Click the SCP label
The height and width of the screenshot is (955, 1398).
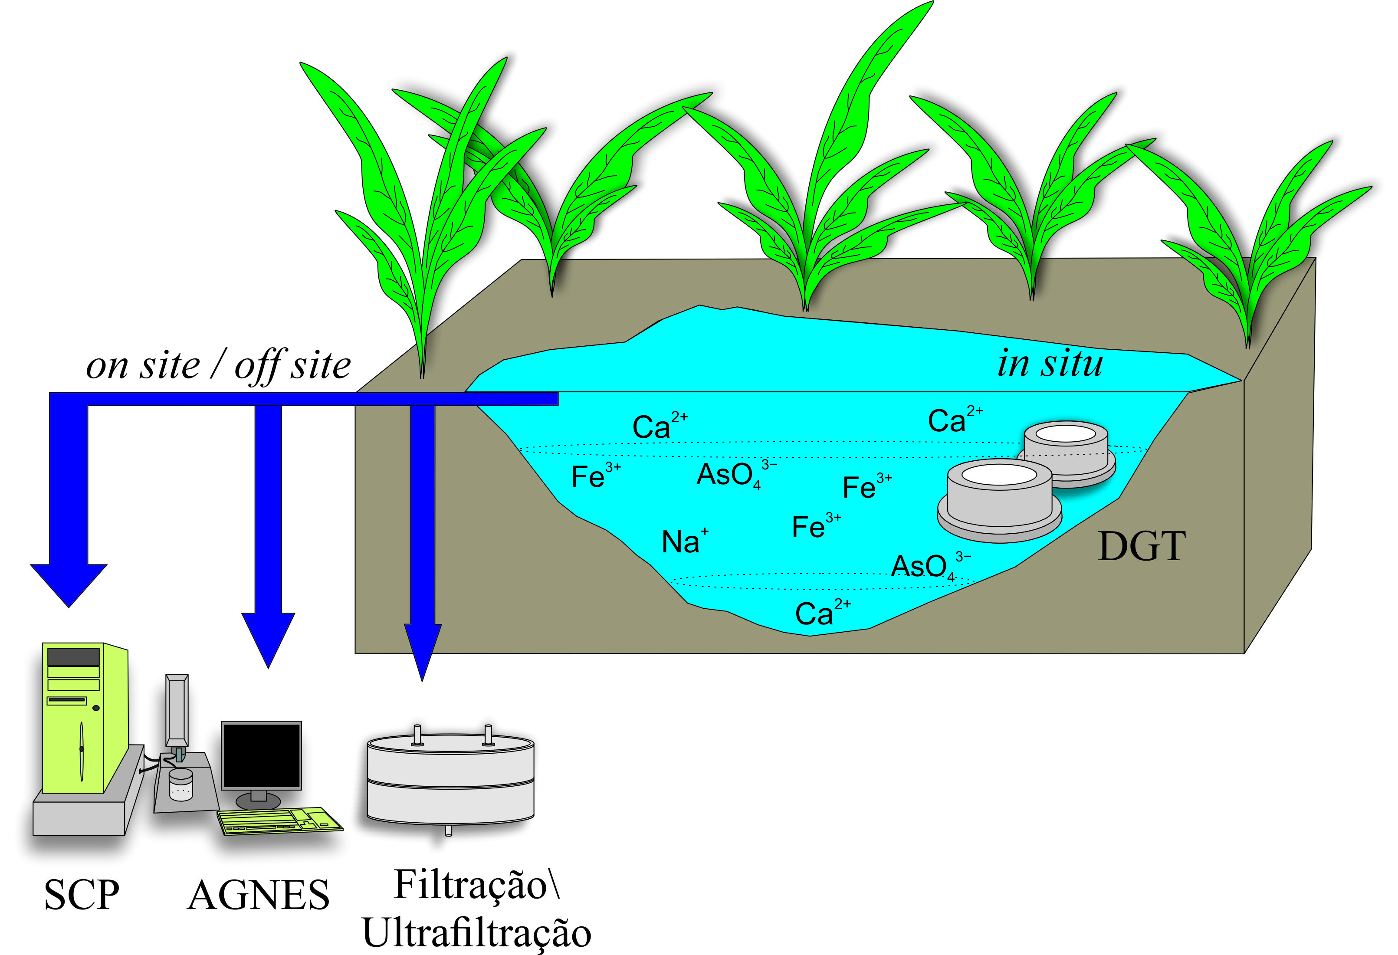[x=82, y=895]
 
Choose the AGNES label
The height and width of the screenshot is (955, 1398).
[x=258, y=895]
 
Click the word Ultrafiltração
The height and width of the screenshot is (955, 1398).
[x=476, y=933]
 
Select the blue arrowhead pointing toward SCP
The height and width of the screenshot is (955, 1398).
[x=69, y=583]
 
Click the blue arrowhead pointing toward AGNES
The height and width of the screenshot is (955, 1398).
[x=268, y=637]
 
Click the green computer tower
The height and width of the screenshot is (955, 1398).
[x=81, y=719]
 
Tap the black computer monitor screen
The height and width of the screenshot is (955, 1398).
[x=261, y=755]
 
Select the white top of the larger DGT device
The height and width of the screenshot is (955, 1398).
[x=999, y=475]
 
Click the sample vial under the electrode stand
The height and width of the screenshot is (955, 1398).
[x=180, y=785]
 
